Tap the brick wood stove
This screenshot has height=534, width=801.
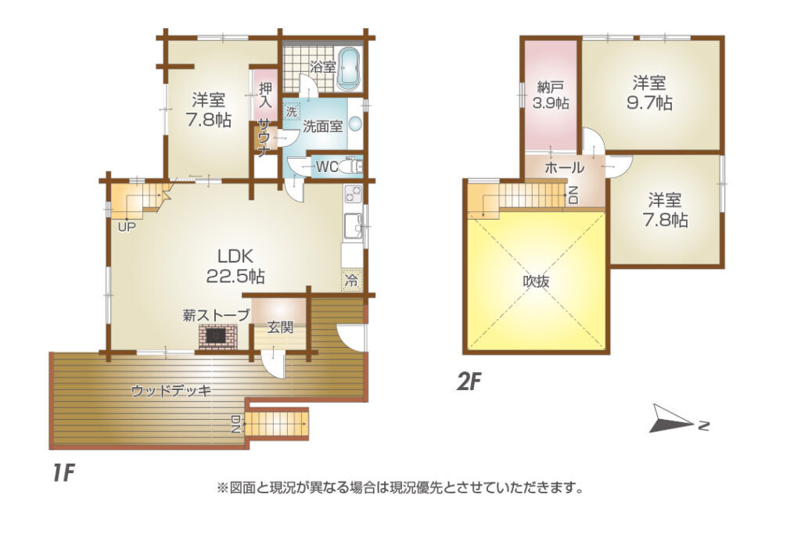[218, 336]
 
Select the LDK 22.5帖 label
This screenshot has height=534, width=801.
[235, 266]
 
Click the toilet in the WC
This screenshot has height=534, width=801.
[354, 167]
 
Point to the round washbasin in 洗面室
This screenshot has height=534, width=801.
[355, 124]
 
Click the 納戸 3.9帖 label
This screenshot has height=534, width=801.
[550, 95]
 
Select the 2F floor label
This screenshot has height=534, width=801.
[469, 382]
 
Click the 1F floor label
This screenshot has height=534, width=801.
[63, 474]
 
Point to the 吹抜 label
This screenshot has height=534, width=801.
[536, 281]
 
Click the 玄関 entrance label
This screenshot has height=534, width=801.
[281, 327]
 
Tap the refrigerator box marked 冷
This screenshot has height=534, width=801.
[351, 279]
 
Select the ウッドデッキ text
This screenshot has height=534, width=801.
[171, 391]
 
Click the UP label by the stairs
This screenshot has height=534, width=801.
[127, 227]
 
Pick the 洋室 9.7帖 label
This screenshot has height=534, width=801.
[648, 92]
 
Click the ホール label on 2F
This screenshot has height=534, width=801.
[565, 167]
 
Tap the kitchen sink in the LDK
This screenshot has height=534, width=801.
[353, 226]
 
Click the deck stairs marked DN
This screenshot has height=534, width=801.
[276, 424]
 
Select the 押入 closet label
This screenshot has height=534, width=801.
[264, 95]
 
